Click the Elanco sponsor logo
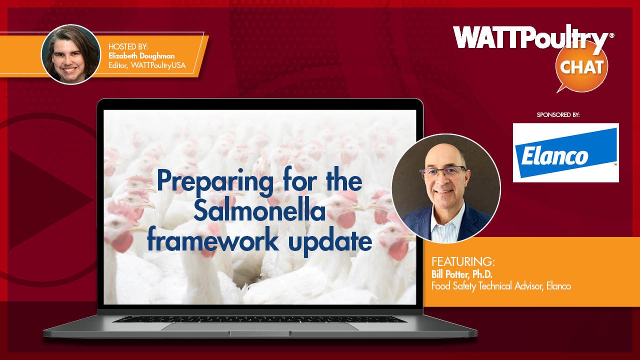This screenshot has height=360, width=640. pyautogui.click(x=565, y=152)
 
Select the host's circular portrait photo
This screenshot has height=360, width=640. pyautogui.click(x=71, y=54)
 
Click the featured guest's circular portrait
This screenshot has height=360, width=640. pyautogui.click(x=446, y=188)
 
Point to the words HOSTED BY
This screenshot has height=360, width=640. pyautogui.click(x=128, y=46)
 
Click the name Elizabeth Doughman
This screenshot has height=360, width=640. pyautogui.click(x=141, y=55)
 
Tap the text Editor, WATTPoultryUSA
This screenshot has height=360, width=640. pyautogui.click(x=147, y=65)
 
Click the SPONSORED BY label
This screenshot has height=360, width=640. pyautogui.click(x=558, y=115)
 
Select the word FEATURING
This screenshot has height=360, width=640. pyautogui.click(x=463, y=261)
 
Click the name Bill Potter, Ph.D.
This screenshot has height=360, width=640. pyautogui.click(x=461, y=274)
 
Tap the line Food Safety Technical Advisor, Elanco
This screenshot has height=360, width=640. pyautogui.click(x=501, y=286)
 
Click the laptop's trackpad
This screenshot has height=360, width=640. pyautogui.click(x=260, y=327)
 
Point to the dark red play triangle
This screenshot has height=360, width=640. pyautogui.click(x=48, y=199)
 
